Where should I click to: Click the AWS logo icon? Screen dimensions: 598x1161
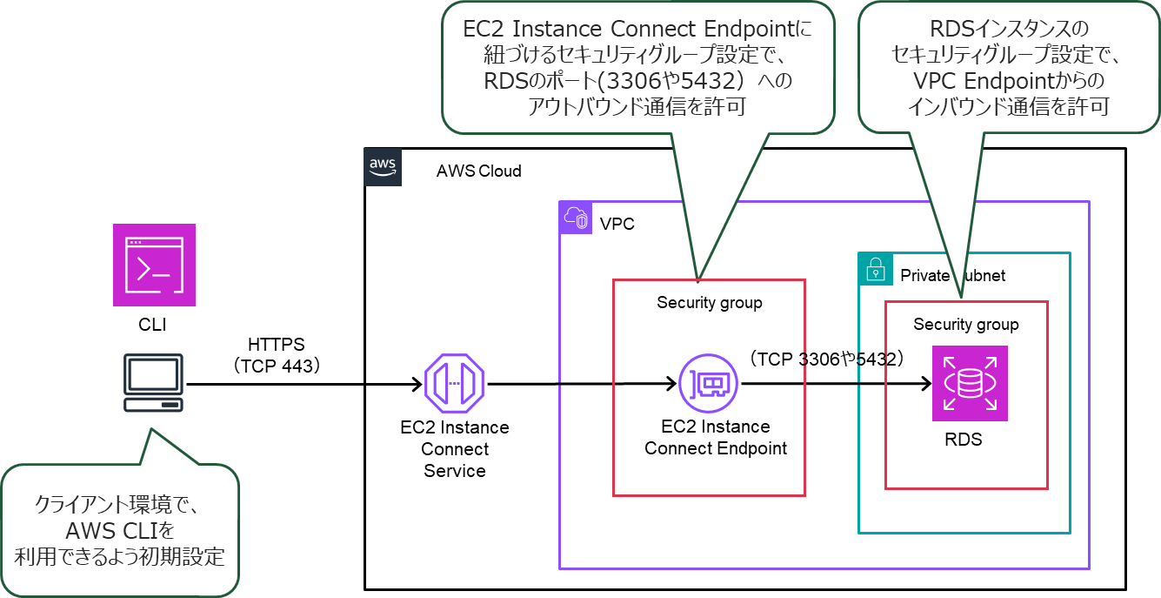point(383,167)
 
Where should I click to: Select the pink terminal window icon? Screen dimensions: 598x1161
point(154,265)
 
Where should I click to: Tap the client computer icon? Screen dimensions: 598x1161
point(153,383)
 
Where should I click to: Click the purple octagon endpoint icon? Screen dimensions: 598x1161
point(454,383)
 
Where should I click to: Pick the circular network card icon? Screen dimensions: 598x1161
point(708,383)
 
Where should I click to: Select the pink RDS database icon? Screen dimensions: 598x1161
point(970,383)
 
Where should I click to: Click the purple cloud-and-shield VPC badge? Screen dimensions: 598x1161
point(576,218)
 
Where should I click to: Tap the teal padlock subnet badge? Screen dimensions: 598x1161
point(875,269)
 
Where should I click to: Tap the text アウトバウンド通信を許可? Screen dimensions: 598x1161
point(637,107)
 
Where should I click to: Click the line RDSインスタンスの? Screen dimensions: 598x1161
point(1008,30)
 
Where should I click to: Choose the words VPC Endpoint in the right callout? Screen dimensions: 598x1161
point(974,81)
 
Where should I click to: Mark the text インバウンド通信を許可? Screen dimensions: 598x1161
point(1008,107)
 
